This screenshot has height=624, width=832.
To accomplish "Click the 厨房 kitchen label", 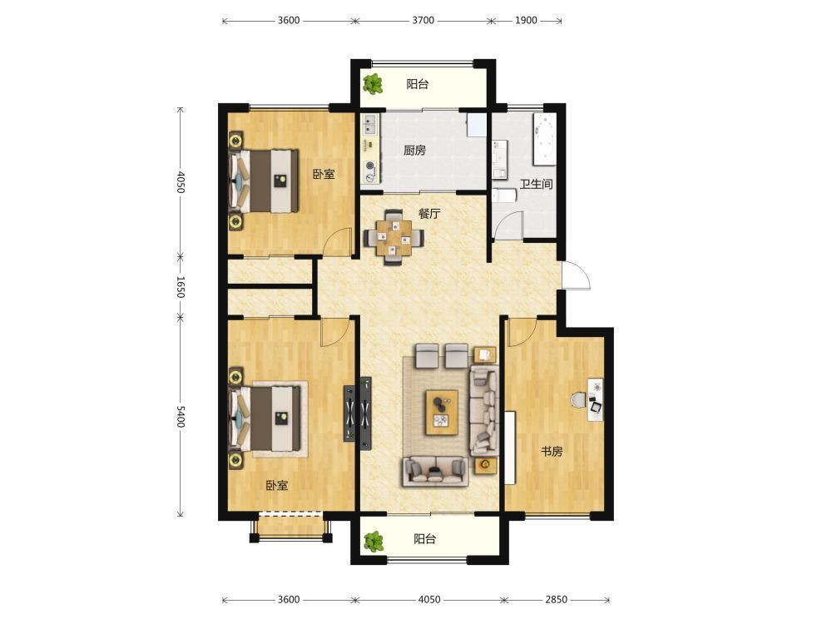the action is (x=414, y=151).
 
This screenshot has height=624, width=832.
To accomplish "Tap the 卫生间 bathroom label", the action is (x=536, y=184).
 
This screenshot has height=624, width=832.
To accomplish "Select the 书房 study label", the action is (x=552, y=452).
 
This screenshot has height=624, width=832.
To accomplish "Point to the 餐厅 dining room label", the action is (x=429, y=214).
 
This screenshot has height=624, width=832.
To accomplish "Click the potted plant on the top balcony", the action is (x=373, y=83).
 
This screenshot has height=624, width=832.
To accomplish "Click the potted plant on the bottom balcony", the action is (x=374, y=541).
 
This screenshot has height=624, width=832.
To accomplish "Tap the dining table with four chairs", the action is (x=394, y=237).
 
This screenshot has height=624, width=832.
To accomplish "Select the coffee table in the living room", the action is (x=442, y=413).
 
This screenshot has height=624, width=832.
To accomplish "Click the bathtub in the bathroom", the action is (x=544, y=139).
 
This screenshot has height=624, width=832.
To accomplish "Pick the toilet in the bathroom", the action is (x=504, y=196).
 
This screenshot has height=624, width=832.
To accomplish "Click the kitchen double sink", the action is (x=369, y=126).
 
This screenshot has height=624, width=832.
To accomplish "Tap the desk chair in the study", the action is (x=578, y=400).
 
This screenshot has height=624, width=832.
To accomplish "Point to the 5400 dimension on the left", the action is (x=181, y=417).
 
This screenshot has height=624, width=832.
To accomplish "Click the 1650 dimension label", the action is (x=181, y=286).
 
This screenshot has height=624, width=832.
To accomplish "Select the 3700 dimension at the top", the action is (x=423, y=21).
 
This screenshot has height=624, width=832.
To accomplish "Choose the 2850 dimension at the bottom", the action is (x=556, y=600).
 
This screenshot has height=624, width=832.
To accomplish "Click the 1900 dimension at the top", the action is (x=526, y=21).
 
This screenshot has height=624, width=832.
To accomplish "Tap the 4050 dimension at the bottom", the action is (x=429, y=600).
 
